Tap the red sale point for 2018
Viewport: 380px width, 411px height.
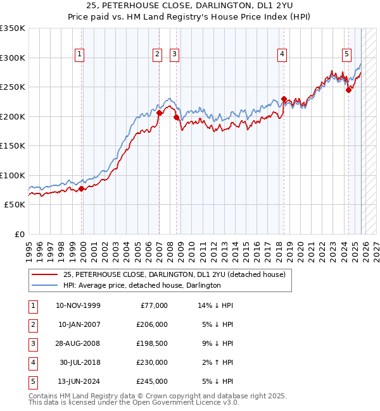point(284,99)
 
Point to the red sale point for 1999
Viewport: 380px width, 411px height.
point(82,188)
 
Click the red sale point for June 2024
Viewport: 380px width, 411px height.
point(348,90)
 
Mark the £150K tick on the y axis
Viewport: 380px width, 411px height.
point(13,145)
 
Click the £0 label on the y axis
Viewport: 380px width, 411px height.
point(19,234)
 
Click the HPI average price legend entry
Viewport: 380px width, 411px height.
point(141,285)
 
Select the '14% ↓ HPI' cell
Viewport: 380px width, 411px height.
point(216,305)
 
